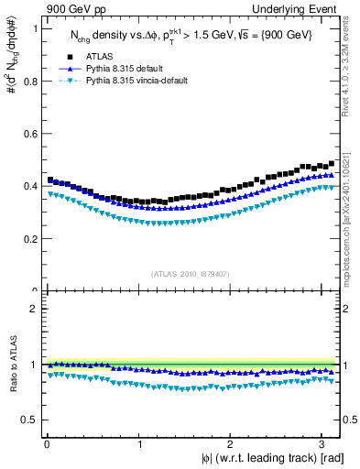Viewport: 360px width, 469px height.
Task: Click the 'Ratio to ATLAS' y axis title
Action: tap(11, 364)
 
